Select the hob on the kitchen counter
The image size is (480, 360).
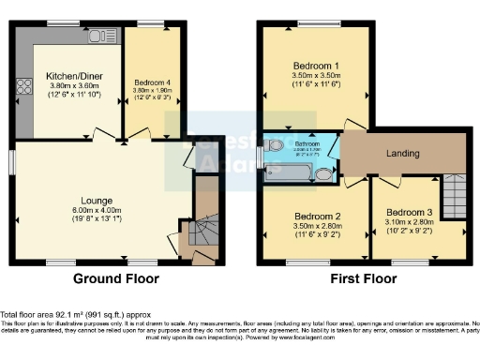tap(21, 92)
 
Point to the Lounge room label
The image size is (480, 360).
tap(97, 201)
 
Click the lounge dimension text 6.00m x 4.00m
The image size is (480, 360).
tap(97, 211)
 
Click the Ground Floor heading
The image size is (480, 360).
tap(117, 278)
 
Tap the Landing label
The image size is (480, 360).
tap(402, 153)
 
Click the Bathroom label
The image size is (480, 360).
tap(307, 142)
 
